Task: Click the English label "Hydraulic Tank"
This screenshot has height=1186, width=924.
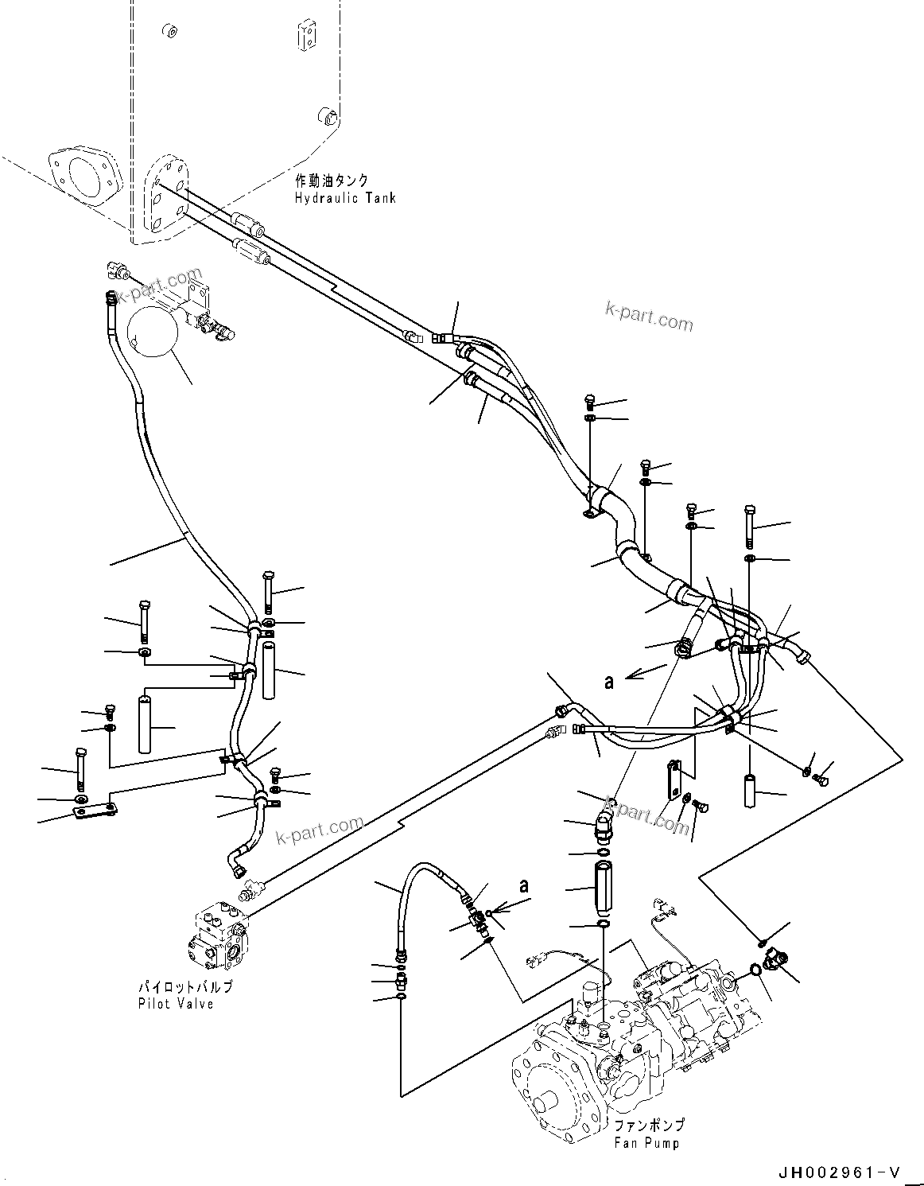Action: (344, 197)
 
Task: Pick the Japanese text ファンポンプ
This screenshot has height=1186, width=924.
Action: (648, 1126)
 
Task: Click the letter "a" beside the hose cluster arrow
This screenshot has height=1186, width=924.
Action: (609, 682)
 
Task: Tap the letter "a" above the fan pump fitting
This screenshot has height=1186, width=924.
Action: (522, 885)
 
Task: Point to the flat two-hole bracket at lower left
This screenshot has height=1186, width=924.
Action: (95, 811)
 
